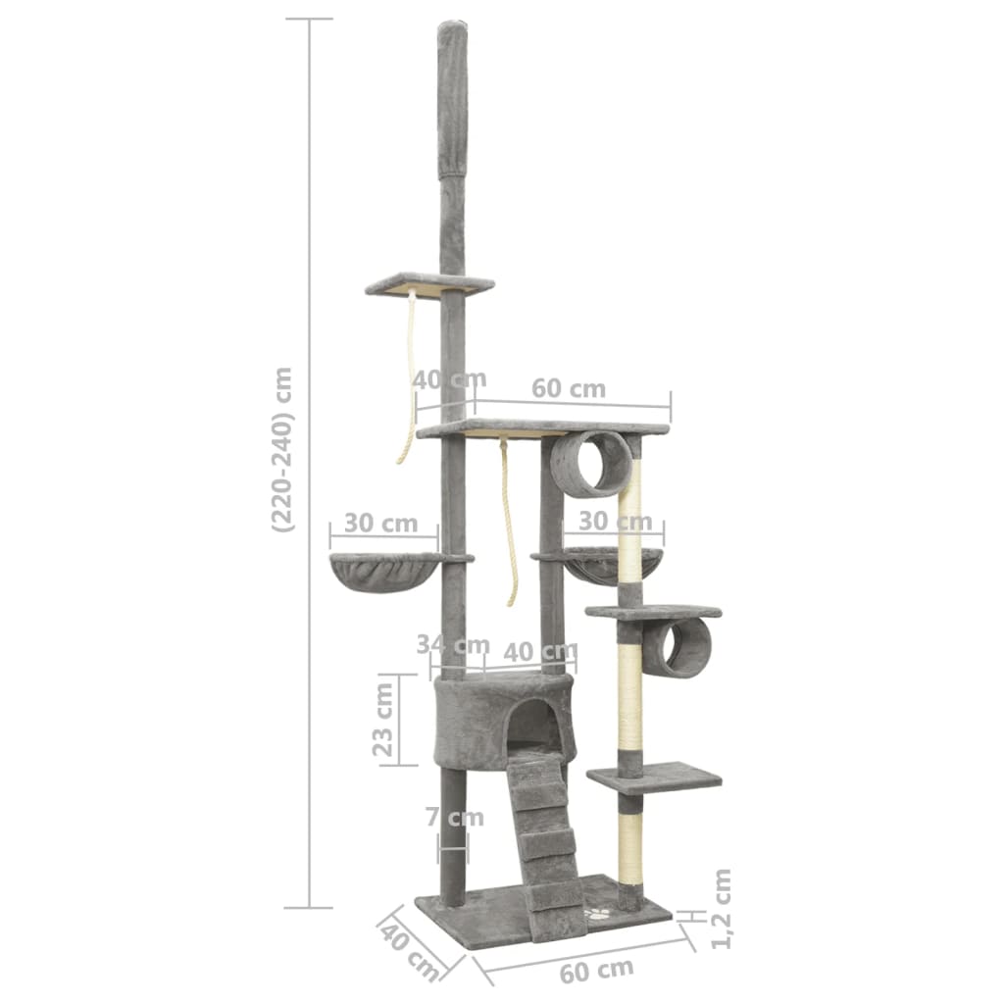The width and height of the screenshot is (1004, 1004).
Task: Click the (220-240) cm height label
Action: (x=282, y=449)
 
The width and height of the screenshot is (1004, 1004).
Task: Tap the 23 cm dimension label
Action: (x=383, y=720)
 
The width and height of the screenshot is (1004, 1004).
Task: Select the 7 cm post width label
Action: (x=455, y=818)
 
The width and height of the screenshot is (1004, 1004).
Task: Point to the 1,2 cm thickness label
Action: (x=720, y=909)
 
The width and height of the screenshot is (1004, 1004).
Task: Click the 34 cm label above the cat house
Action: (x=453, y=644)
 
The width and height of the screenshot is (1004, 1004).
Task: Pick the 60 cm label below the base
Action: (x=596, y=972)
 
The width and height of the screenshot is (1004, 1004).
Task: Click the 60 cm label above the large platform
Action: (x=569, y=388)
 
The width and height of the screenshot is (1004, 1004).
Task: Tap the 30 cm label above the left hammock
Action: (x=381, y=524)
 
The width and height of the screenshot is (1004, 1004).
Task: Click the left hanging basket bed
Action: (x=384, y=572)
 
